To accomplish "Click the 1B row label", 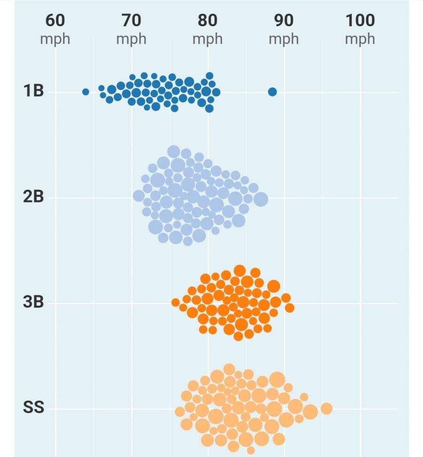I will tap(33, 91).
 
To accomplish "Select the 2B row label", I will tap(33, 197).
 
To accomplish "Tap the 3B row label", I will tap(33, 302).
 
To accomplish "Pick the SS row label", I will tap(33, 408).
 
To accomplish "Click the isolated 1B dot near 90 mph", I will tap(272, 92).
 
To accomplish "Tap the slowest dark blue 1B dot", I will tap(86, 92).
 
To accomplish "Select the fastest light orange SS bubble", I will tap(326, 409).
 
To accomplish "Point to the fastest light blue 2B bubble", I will tap(261, 199).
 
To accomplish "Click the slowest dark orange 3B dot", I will tap(175, 302).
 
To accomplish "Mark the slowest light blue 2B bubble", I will tap(139, 196).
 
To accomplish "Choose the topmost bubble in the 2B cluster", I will tap(174, 151).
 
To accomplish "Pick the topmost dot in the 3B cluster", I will tap(240, 271).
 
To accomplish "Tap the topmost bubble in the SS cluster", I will tap(229, 369).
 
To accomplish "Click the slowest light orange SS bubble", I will tap(180, 412).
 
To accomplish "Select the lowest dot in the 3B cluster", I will tap(238, 336).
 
